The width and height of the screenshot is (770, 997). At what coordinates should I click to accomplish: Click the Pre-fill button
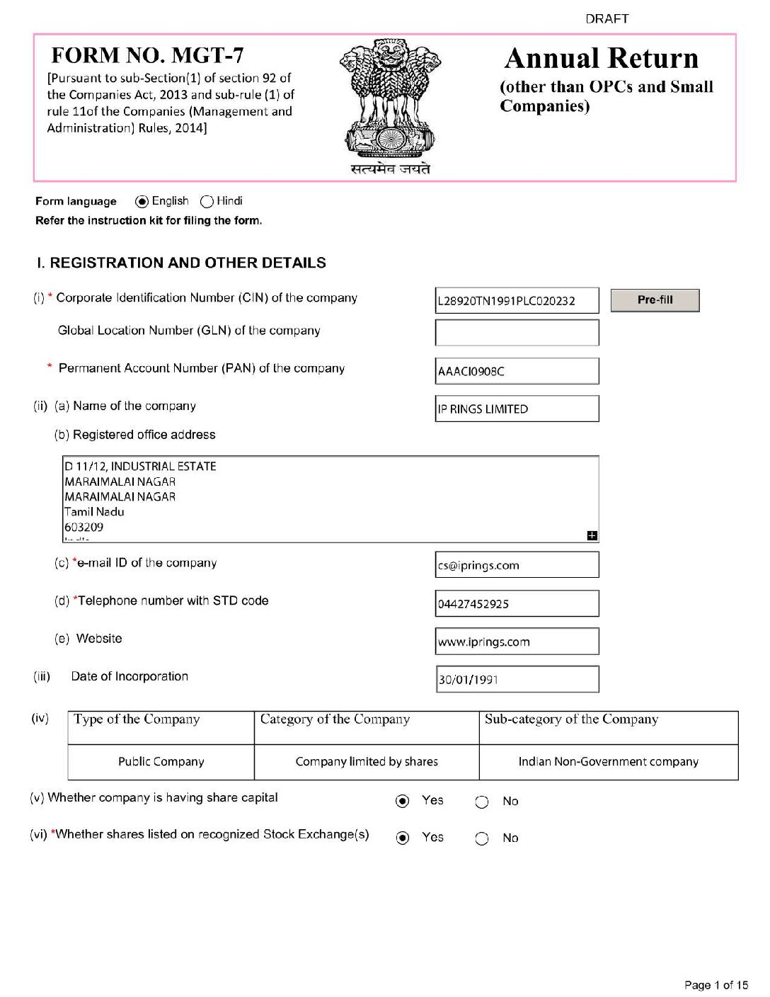655,300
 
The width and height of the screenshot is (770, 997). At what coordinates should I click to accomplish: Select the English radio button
142,202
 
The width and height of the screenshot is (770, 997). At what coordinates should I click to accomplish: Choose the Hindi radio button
207,202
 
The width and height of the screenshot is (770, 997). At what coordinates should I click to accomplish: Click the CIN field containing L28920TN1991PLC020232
517,300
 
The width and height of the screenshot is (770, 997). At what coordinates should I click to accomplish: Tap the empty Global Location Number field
517,333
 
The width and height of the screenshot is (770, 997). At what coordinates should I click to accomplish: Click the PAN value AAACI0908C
517,371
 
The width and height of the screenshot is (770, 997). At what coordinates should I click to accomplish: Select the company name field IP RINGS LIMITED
517,409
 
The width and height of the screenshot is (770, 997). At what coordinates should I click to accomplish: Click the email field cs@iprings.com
517,565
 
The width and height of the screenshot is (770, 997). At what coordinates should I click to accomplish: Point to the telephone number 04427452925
517,603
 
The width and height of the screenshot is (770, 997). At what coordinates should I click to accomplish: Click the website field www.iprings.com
517,642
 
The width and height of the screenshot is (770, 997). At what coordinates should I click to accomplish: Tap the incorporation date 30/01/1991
517,679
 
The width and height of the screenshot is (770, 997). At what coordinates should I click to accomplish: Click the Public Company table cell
161,762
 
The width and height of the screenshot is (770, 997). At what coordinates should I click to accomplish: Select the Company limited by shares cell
367,762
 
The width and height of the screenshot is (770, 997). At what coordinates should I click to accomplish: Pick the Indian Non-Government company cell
608,762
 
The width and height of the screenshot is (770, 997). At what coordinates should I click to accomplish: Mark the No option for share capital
482,802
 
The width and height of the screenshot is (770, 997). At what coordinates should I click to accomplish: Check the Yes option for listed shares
403,838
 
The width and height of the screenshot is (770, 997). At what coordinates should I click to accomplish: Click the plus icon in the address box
592,535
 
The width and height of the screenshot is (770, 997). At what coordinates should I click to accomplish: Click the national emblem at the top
390,99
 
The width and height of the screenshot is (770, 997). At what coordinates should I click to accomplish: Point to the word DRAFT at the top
607,19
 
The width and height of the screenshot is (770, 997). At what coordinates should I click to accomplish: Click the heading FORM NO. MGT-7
147,55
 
